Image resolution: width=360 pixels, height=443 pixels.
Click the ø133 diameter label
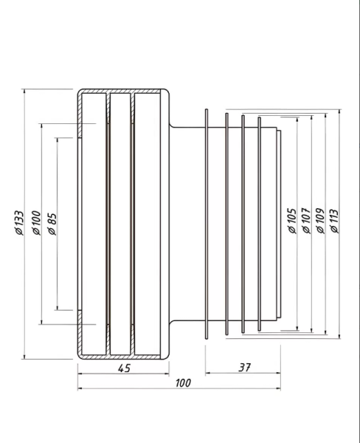coord(19,223)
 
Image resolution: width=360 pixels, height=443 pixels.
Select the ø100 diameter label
coord(37,223)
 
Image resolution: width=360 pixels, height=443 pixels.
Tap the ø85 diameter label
coord(52,224)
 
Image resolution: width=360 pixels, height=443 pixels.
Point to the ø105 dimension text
coord(292,221)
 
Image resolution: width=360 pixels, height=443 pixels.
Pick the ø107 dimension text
coord(307,221)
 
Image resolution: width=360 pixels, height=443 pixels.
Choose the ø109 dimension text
coord(320,221)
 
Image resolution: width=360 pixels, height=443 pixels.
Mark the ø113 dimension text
coord(334,221)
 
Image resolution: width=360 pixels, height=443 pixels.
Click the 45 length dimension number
coord(124,368)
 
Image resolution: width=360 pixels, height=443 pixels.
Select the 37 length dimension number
coord(244,367)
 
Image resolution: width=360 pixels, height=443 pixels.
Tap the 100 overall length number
coord(183,383)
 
